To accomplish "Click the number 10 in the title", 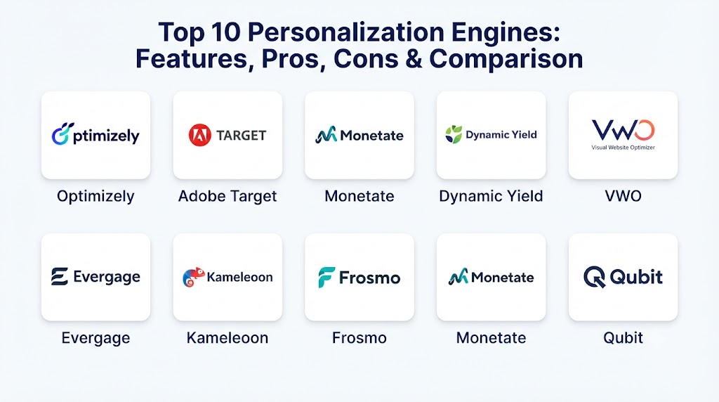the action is point(225,32).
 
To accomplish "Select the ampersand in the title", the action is point(414,59).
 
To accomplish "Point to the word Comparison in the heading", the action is point(506,60).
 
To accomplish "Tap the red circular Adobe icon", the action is point(200,135).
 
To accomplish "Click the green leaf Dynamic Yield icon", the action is point(454,134).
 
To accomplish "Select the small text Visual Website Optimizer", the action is point(623,148).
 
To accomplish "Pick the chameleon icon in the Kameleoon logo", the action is point(193,277).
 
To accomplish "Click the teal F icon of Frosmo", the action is point(326,277).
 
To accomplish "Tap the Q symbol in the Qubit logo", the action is point(594,277).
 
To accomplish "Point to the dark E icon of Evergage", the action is point(60,277).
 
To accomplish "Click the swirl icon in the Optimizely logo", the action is point(62,134).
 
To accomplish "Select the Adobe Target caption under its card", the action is point(227,196).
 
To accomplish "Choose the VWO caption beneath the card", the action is point(624,196).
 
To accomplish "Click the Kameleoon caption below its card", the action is point(227,338).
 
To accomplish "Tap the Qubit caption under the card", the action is point(624,338).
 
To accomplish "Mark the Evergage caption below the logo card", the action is point(95,339).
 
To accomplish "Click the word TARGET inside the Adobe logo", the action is point(242,136).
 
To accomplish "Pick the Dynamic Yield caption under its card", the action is point(491,196).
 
